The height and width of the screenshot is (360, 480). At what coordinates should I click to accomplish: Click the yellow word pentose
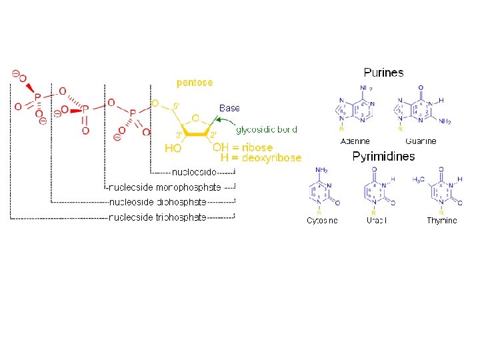195,83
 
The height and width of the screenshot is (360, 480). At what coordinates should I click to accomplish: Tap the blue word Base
229,107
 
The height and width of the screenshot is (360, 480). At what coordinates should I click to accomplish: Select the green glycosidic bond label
267,129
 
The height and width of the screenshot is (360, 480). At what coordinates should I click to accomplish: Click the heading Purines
383,72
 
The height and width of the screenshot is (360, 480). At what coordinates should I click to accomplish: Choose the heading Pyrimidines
383,157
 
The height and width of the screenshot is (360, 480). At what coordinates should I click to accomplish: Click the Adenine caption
355,141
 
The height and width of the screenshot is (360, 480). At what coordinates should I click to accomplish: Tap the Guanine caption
421,141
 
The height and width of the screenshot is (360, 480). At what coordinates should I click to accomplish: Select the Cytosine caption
322,221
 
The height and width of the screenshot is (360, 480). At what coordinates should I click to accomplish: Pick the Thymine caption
442,221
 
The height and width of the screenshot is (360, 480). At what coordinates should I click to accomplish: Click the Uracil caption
377,221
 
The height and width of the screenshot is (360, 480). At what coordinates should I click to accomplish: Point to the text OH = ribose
243,147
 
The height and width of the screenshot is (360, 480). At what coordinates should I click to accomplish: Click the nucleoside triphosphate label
157,217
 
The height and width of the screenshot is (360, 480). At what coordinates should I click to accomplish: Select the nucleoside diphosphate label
157,202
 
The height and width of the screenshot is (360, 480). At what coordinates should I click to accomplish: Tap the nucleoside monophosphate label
165,187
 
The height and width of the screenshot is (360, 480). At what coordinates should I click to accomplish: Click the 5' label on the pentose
176,105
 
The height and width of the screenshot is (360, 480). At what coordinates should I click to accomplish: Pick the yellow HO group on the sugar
173,148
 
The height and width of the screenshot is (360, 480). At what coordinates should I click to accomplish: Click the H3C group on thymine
419,180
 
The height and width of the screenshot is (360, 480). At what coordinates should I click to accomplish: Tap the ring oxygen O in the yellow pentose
195,119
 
